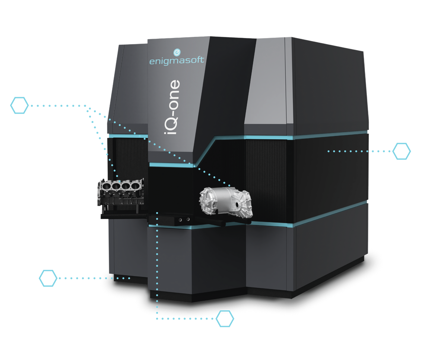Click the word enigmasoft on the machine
[x=177, y=60]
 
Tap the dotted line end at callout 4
[x=130, y=278]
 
